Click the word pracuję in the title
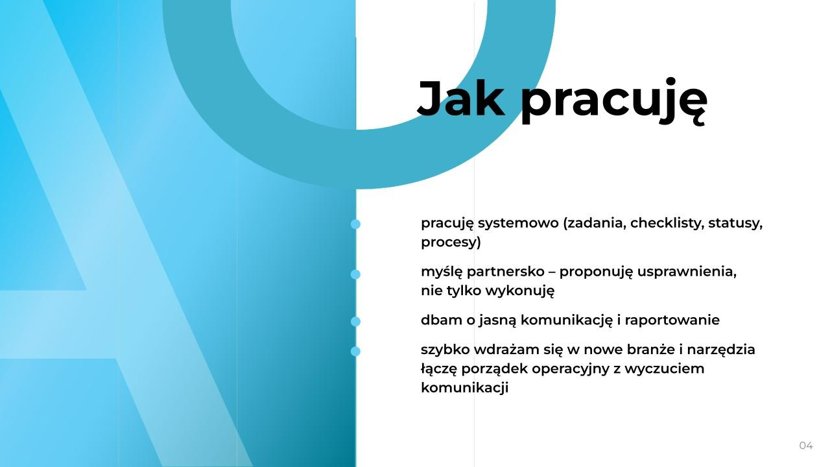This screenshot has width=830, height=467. point(613,101)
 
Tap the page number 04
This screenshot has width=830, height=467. point(805,446)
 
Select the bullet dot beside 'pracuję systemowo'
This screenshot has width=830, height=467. point(355,224)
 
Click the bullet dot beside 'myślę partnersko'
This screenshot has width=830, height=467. point(355,274)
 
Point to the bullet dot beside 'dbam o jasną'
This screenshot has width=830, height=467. point(355,321)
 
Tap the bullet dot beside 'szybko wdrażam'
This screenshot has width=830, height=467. point(355,352)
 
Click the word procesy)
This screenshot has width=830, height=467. point(451,243)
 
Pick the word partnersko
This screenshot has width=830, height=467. point(506,272)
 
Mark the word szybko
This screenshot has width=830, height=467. point(445,350)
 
